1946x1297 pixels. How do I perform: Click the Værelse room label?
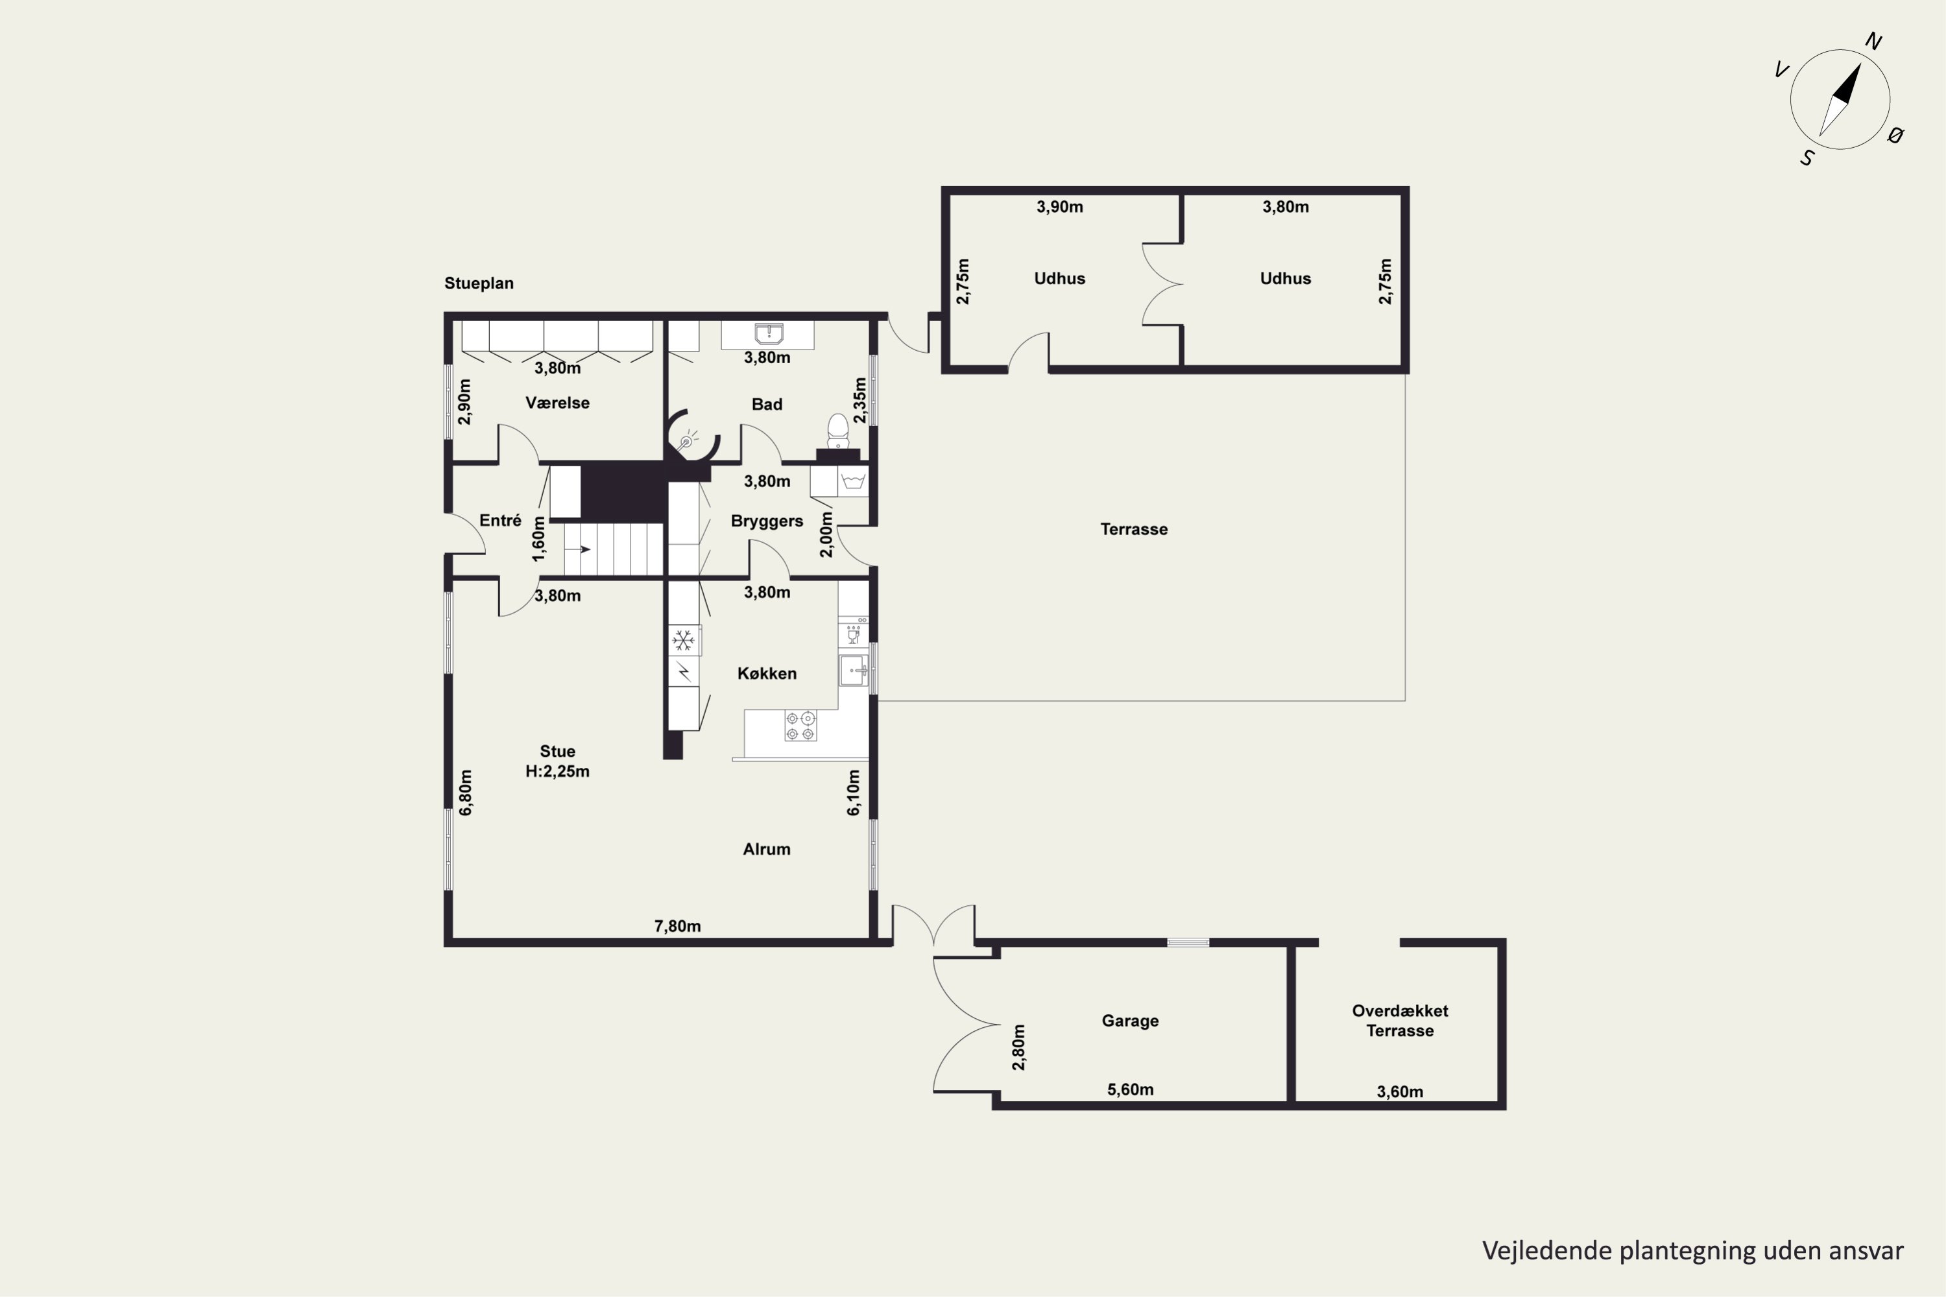557,403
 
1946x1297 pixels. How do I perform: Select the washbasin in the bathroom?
769,334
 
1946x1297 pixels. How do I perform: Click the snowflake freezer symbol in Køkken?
684,640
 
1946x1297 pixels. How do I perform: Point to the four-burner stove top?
800,726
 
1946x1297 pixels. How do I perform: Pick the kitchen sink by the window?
853,670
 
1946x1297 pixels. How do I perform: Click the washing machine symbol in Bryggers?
853,481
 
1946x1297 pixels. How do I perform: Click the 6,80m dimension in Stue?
466,792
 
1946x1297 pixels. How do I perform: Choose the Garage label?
1129,1021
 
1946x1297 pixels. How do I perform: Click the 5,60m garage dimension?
1130,1089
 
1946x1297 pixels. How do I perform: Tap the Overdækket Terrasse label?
1400,1021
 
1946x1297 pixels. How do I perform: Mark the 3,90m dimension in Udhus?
1060,207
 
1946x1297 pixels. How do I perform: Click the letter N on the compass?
1874,42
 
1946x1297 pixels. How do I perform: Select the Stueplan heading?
479,283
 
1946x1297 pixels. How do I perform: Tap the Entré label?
501,520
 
